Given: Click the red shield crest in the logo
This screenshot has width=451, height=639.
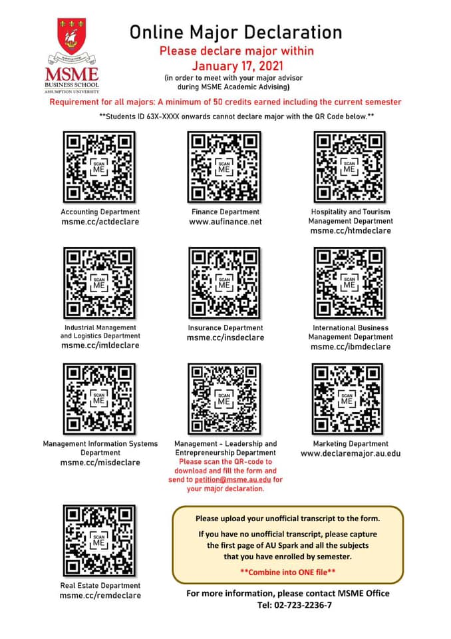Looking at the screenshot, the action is click(71, 35).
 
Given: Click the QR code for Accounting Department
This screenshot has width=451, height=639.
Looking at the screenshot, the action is click(99, 167).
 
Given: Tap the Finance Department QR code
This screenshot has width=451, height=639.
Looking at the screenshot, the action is click(224, 167).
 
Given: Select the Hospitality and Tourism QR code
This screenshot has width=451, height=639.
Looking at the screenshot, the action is click(349, 167).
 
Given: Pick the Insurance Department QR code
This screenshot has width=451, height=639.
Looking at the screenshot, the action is click(224, 283).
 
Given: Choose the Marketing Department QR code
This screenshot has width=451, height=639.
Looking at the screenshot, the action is click(347, 399).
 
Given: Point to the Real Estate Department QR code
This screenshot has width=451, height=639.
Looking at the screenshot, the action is click(99, 540).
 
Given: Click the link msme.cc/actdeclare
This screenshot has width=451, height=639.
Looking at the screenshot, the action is click(100, 222).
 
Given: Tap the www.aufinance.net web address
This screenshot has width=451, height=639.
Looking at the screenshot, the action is click(225, 222).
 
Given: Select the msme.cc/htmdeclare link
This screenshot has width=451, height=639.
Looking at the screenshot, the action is click(351, 231).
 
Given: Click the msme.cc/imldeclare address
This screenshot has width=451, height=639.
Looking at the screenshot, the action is click(100, 345).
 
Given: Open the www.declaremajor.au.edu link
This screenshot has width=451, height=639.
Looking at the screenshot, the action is click(351, 453).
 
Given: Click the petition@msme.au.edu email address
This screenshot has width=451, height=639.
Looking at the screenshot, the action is click(233, 480).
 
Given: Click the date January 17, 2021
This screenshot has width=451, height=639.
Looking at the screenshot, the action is click(237, 66).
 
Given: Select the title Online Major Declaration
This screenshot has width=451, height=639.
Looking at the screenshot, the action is click(236, 32).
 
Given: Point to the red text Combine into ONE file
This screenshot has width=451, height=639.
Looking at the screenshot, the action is click(288, 572).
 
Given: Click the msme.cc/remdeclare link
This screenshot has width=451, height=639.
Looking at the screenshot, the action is click(100, 595).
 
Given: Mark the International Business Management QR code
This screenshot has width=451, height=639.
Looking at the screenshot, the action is click(349, 283).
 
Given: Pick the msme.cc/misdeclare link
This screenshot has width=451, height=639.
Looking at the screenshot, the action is click(100, 463).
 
